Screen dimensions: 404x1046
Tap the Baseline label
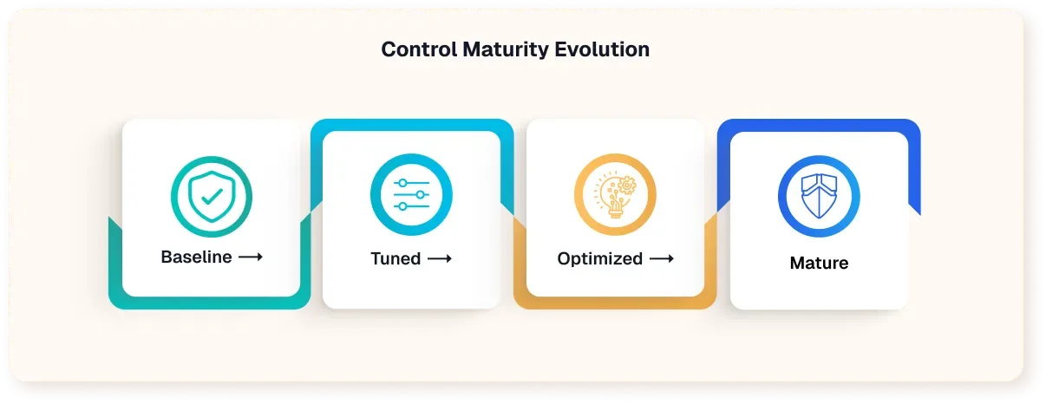point(196,257)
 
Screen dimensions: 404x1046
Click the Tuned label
point(396,258)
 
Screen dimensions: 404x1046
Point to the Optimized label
point(599,258)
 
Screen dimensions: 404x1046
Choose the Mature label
point(819,263)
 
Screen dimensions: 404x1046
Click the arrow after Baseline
point(251,257)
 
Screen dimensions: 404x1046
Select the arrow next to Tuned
point(439,258)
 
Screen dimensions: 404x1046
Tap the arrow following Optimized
point(662,258)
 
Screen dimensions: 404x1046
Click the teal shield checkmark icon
point(211,196)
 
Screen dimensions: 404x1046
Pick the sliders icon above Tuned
point(411,196)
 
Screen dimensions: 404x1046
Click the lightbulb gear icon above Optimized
point(615,196)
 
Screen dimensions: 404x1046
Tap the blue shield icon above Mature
point(819,196)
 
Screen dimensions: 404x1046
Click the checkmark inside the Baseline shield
point(211,196)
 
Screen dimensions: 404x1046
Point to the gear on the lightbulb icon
point(626,185)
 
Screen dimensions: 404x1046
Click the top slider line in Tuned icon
point(411,184)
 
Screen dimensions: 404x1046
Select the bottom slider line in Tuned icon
point(411,208)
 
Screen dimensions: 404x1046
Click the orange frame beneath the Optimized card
point(615,303)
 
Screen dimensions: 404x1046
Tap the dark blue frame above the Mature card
point(819,125)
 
